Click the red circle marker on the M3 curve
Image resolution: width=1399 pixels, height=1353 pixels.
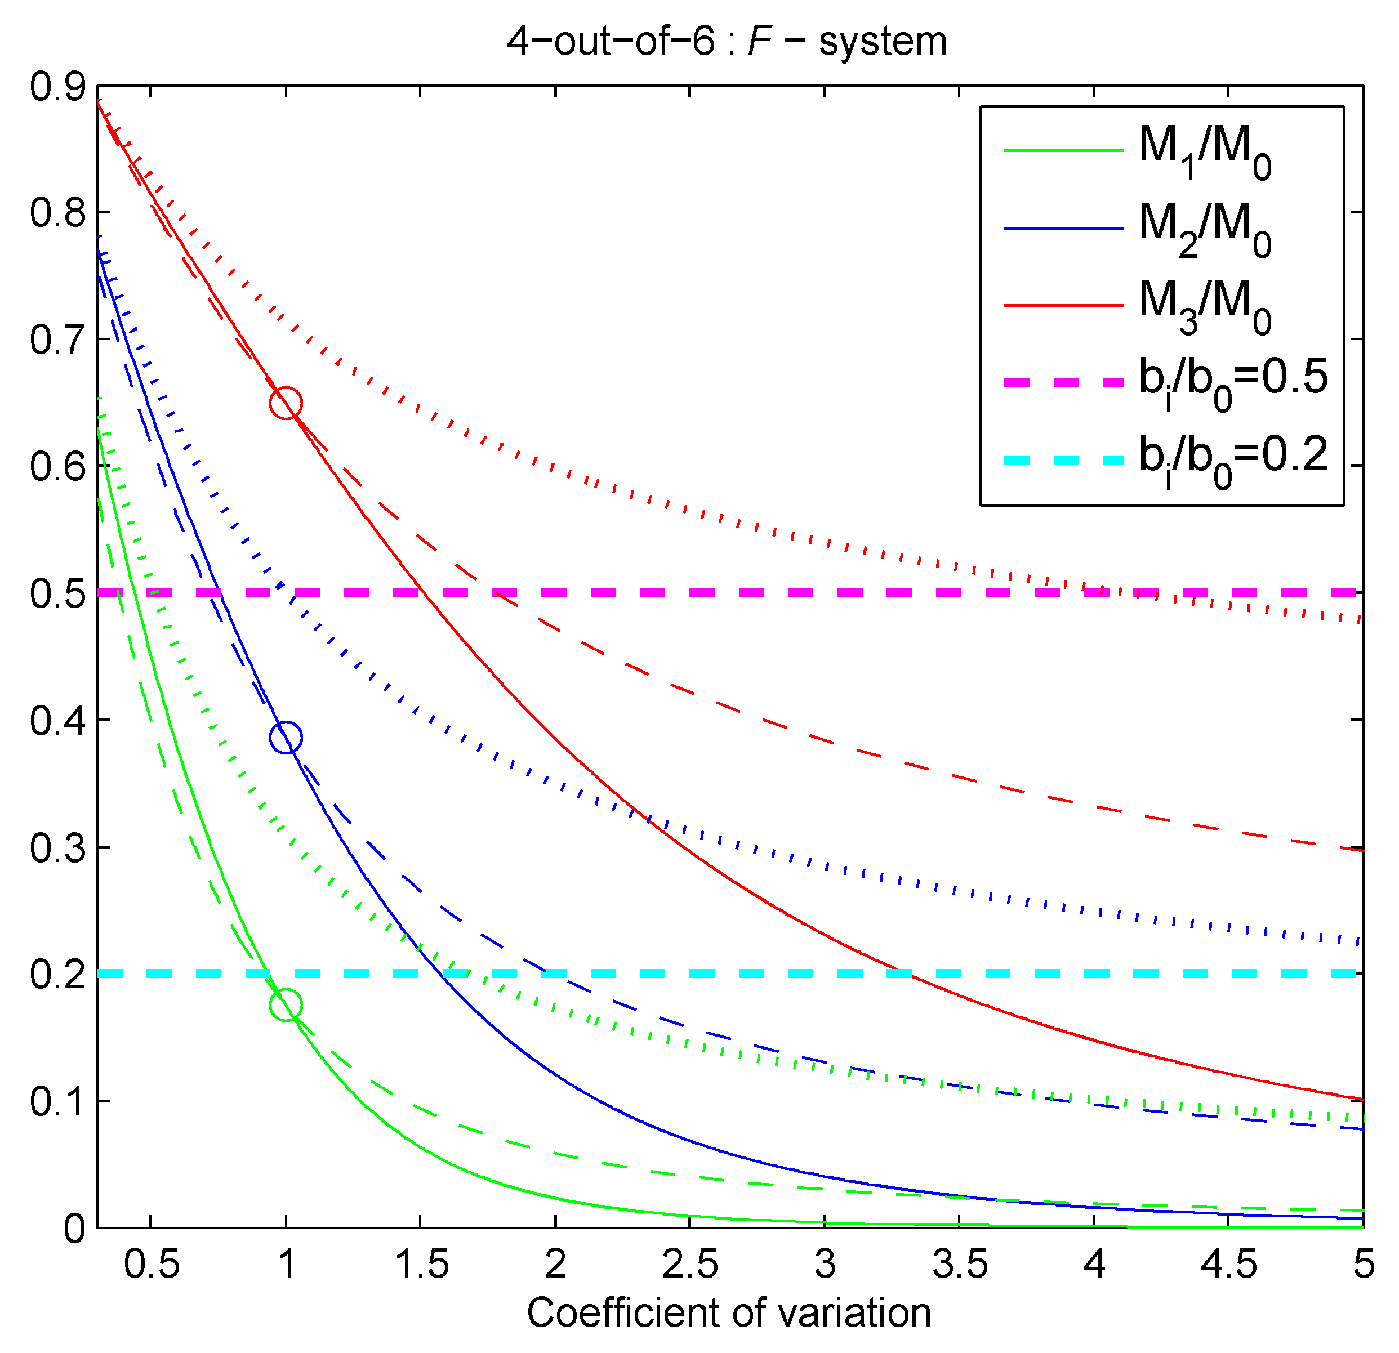click(286, 403)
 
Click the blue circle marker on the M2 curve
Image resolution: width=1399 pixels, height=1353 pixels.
click(286, 737)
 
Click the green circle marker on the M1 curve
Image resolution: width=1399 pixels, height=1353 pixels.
click(286, 1005)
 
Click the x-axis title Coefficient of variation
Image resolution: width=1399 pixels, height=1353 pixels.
click(729, 1313)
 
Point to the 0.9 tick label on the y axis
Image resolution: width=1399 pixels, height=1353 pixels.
click(57, 87)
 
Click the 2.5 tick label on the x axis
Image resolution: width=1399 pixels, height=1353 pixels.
click(689, 1265)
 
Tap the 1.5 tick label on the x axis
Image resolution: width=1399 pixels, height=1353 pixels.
click(421, 1265)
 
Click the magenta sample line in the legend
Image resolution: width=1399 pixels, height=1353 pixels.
click(1063, 382)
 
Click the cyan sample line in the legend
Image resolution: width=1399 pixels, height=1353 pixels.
click(1063, 460)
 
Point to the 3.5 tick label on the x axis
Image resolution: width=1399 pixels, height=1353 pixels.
click(959, 1265)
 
